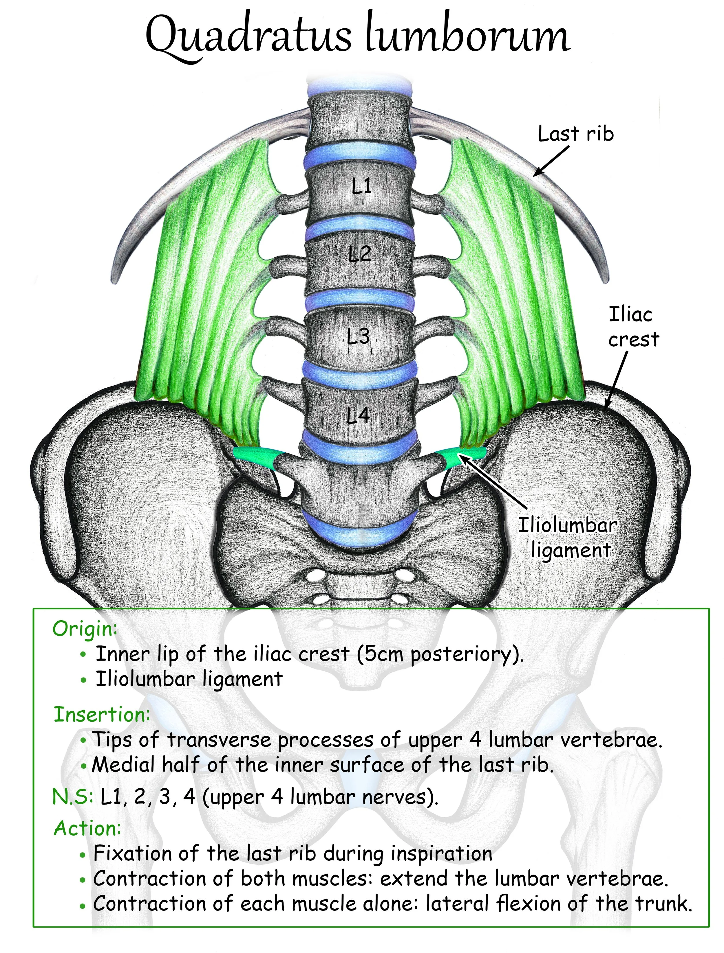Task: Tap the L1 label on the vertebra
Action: [x=361, y=186]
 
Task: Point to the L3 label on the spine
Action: [x=358, y=336]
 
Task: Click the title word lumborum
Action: [x=468, y=39]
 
